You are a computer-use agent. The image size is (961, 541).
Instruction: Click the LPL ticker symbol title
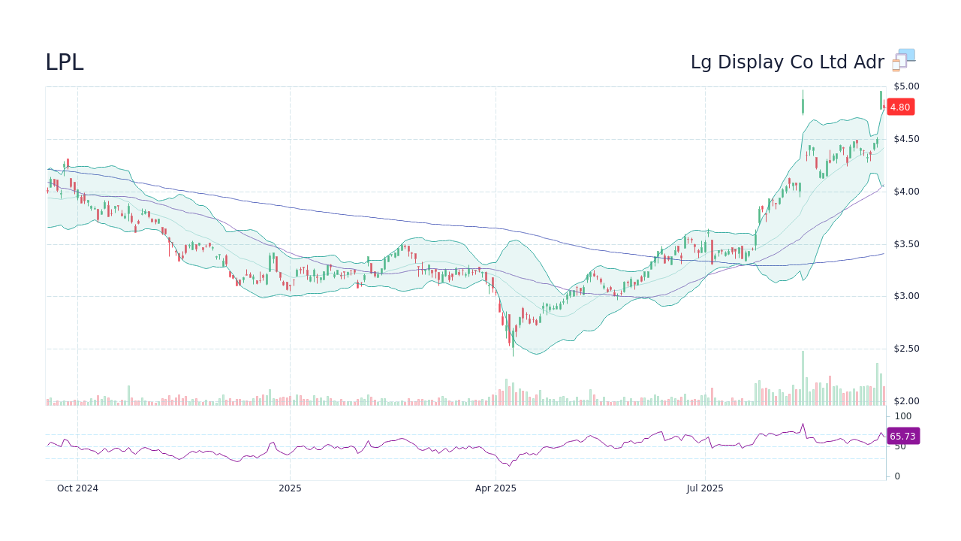point(65,62)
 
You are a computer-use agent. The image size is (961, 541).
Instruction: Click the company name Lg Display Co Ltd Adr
point(787,62)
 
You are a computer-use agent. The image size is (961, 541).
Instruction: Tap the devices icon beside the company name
point(903,60)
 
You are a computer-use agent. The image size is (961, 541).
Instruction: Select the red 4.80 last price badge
point(899,107)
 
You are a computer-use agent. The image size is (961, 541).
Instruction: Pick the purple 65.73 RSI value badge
point(902,436)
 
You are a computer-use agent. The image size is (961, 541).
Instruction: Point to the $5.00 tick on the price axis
point(905,86)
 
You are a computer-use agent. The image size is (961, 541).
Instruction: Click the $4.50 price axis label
point(905,139)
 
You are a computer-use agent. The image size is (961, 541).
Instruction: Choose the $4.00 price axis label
point(905,192)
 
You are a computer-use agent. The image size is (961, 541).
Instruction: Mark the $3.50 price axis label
point(905,244)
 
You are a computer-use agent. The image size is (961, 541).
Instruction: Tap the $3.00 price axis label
point(905,296)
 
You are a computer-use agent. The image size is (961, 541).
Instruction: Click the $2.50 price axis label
point(905,349)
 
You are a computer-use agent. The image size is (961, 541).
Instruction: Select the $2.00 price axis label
point(905,401)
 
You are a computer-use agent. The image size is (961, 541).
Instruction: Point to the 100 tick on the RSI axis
point(902,416)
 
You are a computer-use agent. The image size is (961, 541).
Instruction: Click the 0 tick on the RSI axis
point(896,476)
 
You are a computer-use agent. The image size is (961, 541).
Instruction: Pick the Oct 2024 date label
point(77,488)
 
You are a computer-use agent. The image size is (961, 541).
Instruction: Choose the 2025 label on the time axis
point(290,488)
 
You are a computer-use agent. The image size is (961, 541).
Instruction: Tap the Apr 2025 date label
point(496,488)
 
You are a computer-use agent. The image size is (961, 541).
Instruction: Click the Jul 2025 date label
point(705,488)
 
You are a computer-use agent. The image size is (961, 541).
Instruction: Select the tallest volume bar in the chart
point(803,378)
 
